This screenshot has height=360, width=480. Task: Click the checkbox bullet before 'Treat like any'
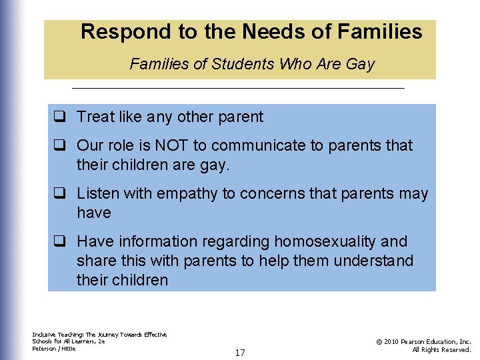59,117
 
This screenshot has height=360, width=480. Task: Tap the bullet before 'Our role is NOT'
59,145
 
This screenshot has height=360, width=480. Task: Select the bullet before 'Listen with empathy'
59,194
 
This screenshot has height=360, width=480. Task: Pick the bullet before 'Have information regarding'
59,241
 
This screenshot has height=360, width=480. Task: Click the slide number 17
240,353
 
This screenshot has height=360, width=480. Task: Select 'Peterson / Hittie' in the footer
54,349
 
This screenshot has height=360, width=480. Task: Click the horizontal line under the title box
238,89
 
